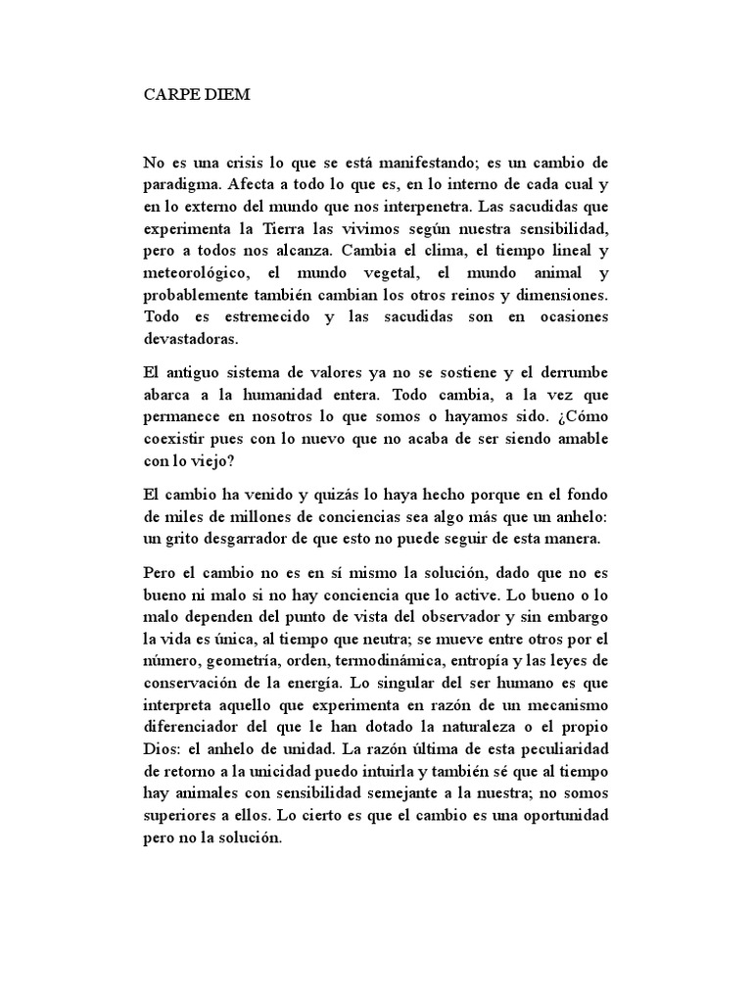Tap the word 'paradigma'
click(179, 183)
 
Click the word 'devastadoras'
click(190, 337)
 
